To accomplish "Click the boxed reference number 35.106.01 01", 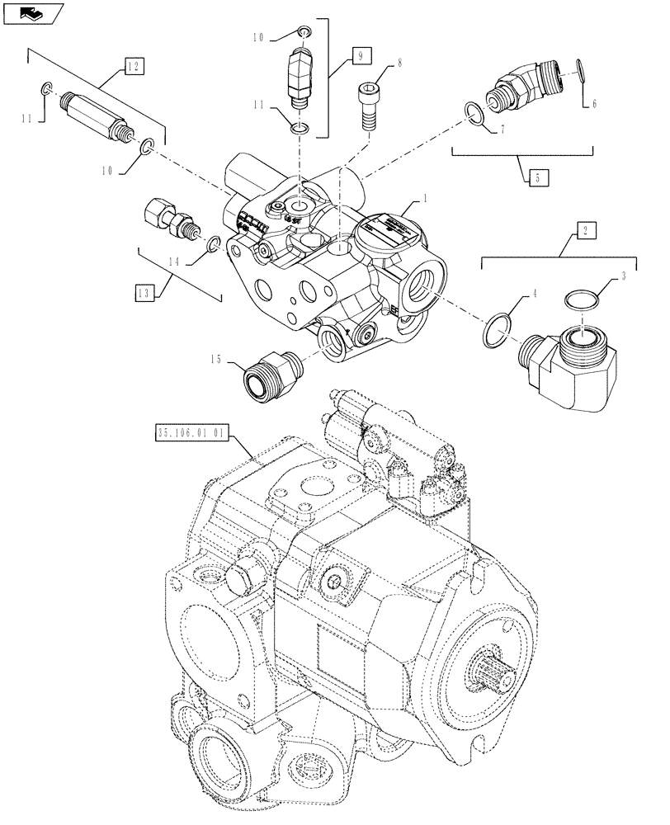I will point(189,431).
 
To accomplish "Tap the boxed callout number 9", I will point(361,55).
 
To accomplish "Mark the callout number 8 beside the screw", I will point(399,63).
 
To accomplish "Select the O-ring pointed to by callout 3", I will point(583,300).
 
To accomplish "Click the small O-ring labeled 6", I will point(583,71).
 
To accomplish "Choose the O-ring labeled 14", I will point(212,245).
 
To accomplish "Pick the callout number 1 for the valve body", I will point(426,199).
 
